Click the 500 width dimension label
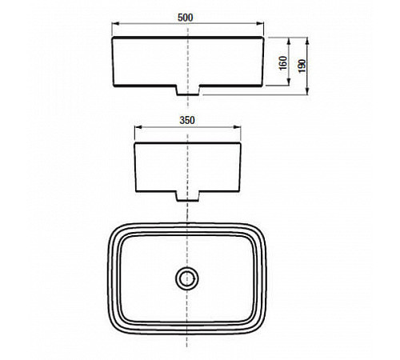click(185, 18)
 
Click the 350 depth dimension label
click(187, 120)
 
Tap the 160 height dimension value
click(283, 63)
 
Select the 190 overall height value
click(302, 66)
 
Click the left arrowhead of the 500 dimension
click(115, 24)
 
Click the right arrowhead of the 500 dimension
click(260, 24)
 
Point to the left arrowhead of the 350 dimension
click(138, 127)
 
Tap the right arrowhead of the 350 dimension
click(237, 127)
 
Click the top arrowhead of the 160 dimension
click(289, 41)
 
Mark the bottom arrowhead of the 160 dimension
click(289, 82)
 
